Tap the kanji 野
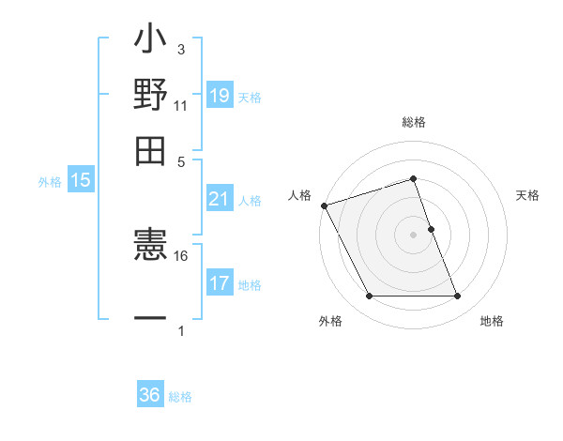[x=150, y=96]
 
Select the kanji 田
[x=150, y=150]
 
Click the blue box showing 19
[x=220, y=96]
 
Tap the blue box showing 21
[x=220, y=199]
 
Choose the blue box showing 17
[x=220, y=283]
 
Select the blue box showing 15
[x=81, y=181]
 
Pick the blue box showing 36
[x=150, y=395]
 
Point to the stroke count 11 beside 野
[x=181, y=105]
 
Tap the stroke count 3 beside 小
[x=181, y=49]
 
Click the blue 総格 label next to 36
[x=180, y=397]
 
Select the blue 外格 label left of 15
[x=50, y=182]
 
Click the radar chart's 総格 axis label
[x=414, y=123]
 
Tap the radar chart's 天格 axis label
[x=528, y=195]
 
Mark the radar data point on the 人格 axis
[x=324, y=205]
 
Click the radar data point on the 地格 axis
[x=457, y=297]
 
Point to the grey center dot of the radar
[x=414, y=235]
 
